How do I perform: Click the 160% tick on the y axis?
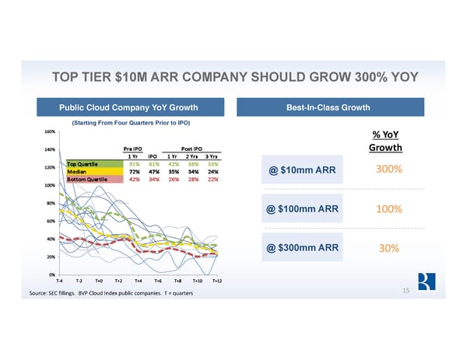click(49, 132)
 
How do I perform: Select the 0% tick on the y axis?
click(51, 274)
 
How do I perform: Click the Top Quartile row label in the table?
click(83, 163)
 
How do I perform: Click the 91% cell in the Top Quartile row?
click(135, 163)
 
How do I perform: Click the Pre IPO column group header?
click(133, 149)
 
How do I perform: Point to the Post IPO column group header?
click(191, 149)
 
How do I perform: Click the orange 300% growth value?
click(388, 171)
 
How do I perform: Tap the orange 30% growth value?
click(388, 248)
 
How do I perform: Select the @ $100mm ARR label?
click(302, 209)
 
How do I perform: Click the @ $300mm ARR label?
click(302, 248)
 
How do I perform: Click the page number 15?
click(406, 289)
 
